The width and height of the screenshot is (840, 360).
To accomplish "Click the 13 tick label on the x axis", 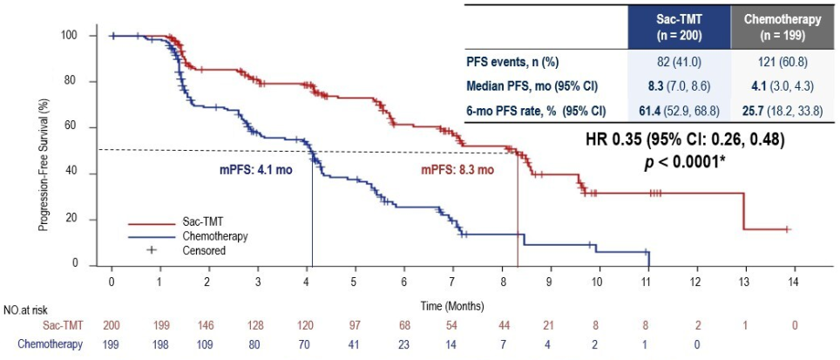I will click(742, 284).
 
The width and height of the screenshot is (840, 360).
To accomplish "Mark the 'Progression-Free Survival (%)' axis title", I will click(42, 148).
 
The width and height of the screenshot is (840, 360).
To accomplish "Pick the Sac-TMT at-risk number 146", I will click(207, 324).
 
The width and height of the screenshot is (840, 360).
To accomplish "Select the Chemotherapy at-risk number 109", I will click(207, 343).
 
